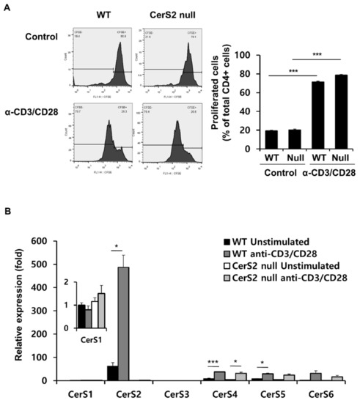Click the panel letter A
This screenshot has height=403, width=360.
coord(7,7)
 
